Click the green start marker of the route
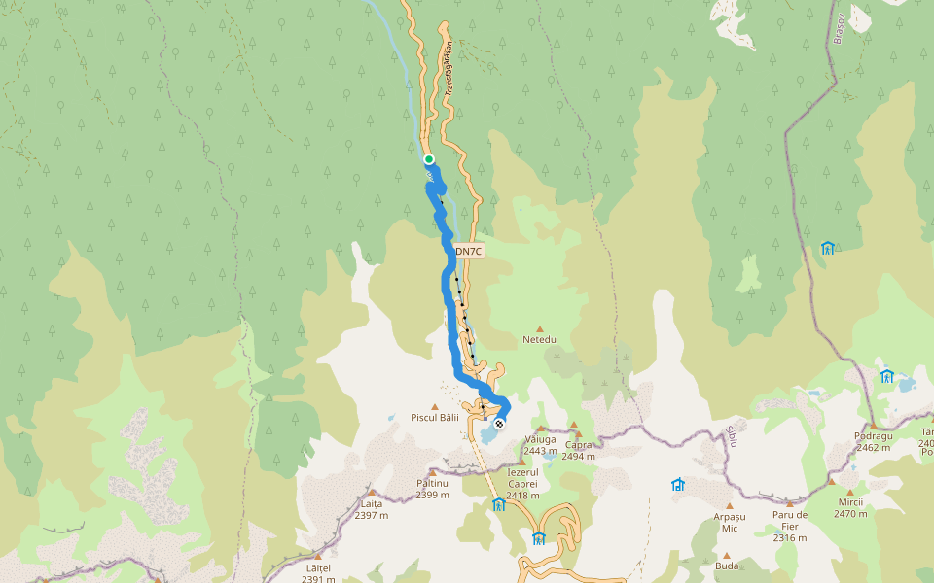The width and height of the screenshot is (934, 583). pos(428,159)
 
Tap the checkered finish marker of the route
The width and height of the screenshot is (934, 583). pos(499,424)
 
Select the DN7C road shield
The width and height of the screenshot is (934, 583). pos(468,252)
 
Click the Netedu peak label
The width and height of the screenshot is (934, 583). pos(539,339)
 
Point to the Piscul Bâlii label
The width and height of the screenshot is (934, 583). pos(434,418)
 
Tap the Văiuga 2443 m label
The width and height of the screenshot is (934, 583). pos(540,444)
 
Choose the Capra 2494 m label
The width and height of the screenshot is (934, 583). pos(578,450)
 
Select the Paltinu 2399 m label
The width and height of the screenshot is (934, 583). pos(432,488)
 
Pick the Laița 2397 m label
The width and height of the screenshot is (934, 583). pos(372,509)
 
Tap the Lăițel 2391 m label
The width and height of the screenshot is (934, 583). pos(318,573)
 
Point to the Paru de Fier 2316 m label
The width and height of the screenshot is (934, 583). pos(790,526)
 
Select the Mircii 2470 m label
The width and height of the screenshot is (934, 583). pos(849,507)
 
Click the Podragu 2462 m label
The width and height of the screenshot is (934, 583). pos(873,441)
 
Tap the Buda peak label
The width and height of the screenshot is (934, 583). pos(726,565)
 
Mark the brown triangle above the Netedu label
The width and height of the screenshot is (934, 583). pos(540,328)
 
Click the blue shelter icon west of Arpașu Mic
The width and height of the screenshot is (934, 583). pos(678,484)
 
